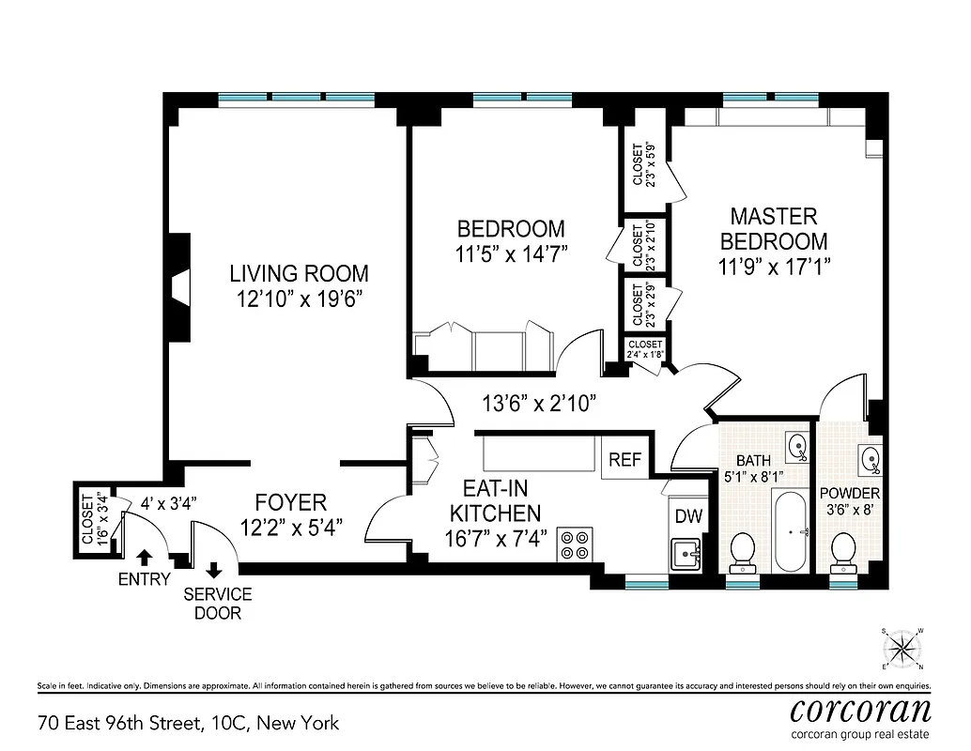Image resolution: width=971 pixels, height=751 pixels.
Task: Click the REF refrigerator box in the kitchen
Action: pos(625,459)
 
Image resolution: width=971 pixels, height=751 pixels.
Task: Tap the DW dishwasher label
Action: pos(688,516)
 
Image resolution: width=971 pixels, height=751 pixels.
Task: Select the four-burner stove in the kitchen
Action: pos(574,544)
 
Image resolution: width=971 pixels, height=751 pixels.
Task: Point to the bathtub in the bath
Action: pos(789,530)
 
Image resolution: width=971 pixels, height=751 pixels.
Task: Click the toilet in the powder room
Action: pos(842,551)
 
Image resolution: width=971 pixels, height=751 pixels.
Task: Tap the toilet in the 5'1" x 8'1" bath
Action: pos(743,551)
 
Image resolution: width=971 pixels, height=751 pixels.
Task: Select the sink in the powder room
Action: pos(870,459)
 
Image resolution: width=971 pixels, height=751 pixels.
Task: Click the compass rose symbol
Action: pos(903,646)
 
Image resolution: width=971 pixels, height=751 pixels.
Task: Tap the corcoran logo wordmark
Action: pos(860,709)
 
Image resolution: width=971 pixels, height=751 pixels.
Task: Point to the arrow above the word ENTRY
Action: pos(145,559)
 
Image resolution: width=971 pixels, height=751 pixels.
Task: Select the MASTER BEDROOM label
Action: pos(774,228)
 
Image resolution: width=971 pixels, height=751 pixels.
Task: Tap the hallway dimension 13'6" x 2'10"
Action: pos(539,404)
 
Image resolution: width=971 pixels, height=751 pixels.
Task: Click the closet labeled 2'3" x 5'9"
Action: pos(643,164)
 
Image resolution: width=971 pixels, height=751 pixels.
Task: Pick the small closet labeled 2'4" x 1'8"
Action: pos(645,349)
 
